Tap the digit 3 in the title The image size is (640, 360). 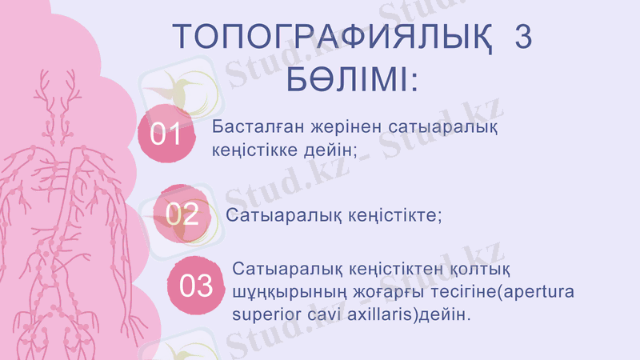click(523, 38)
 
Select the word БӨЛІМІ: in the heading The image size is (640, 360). click(353, 80)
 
